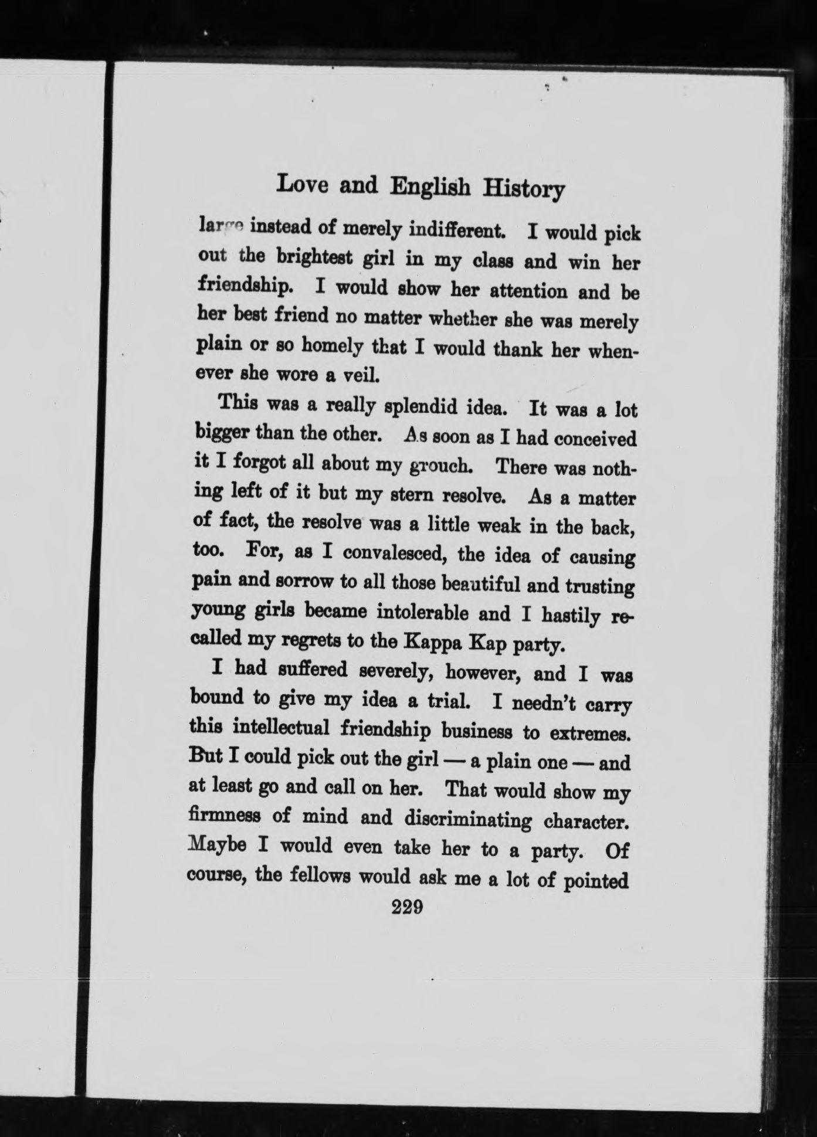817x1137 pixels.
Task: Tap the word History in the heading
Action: (524, 189)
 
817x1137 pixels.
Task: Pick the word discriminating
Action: (468, 819)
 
